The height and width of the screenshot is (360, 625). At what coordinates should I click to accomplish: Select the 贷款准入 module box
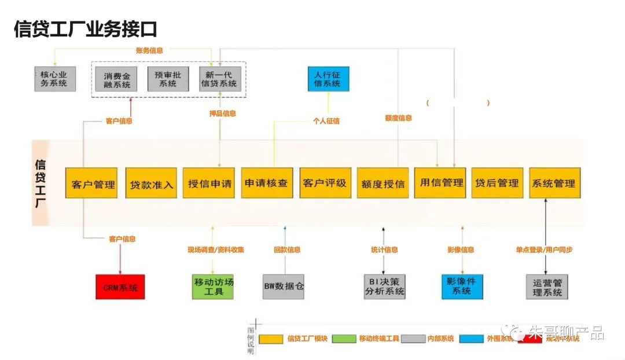[151, 183]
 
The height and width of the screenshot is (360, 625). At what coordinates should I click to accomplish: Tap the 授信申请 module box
[209, 183]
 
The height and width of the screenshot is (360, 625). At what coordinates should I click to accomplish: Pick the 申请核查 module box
[267, 183]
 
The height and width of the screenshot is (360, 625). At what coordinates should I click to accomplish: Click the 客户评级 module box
[325, 183]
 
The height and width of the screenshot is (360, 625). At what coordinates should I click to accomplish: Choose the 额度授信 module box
[383, 183]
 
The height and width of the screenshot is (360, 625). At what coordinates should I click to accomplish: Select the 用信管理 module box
[440, 183]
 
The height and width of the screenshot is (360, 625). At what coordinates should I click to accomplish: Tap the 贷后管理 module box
[497, 183]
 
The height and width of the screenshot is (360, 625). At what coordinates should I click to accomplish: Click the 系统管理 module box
[554, 183]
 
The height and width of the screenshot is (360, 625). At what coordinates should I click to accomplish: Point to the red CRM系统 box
[120, 287]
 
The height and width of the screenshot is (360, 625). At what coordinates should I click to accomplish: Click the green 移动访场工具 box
[213, 286]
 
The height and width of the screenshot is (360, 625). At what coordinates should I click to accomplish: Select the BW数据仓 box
[284, 286]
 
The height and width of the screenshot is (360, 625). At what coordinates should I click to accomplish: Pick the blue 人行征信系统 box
[328, 79]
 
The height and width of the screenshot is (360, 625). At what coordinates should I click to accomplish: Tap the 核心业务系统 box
[54, 79]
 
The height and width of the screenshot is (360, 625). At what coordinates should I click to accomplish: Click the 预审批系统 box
[168, 79]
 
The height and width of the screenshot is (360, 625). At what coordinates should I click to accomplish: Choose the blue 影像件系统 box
[462, 286]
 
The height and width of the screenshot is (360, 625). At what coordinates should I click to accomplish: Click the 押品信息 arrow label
[222, 113]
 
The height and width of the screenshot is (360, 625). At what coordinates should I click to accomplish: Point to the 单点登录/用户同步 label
[545, 250]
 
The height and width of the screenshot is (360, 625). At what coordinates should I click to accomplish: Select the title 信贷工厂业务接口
[85, 29]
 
